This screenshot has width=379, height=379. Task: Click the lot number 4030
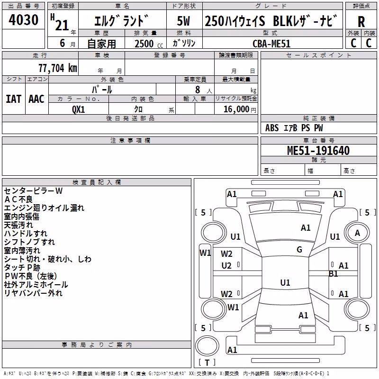23,19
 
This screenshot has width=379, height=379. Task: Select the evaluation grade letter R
361,22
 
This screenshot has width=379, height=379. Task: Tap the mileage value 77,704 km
58,68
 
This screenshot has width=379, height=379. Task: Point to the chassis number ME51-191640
318,150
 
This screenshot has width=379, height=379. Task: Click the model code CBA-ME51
271,44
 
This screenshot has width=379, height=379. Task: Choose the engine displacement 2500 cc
149,44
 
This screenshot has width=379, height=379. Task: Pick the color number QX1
78,109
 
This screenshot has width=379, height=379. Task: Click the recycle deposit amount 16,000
236,109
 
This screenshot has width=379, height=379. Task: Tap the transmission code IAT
13,99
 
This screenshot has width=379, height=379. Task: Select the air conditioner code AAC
36,99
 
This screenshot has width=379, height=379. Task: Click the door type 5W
183,21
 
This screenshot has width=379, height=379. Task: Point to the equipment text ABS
272,128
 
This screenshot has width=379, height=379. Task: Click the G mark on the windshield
299,250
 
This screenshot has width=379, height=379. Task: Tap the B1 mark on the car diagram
334,274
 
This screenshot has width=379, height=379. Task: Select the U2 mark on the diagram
226,266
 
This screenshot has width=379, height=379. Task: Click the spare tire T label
207,362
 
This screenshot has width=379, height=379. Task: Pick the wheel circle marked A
357,233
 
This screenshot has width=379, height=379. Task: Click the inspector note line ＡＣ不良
18,199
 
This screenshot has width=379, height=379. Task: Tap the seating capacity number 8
198,90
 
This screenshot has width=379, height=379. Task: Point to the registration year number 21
62,26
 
